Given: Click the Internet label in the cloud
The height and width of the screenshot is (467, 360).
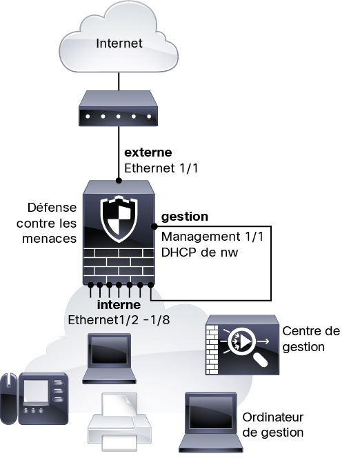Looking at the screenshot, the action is (x=119, y=43).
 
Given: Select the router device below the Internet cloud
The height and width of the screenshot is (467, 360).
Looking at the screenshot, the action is (x=118, y=108).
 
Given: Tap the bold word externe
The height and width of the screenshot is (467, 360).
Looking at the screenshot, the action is (x=148, y=152).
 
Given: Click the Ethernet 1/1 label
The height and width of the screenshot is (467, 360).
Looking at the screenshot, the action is (x=161, y=168).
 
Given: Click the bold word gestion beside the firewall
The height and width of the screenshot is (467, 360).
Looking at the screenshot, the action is (x=185, y=217).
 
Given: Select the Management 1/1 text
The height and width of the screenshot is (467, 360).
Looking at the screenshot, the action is (x=212, y=237).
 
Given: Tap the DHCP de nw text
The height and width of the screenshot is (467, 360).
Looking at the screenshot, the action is (x=199, y=252).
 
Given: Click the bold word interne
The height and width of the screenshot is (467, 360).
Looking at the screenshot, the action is (x=119, y=305).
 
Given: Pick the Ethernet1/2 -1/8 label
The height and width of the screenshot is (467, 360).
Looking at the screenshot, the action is (x=119, y=320).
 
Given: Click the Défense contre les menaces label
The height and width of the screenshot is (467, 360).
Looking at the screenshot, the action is (x=46, y=223).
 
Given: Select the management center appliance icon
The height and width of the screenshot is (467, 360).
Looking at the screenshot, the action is (x=242, y=345).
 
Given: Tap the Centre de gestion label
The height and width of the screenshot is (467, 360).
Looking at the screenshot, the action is (x=311, y=339).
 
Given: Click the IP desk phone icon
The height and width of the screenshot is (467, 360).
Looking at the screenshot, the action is (x=34, y=398).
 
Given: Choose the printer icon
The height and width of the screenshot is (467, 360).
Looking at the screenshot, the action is (x=119, y=421).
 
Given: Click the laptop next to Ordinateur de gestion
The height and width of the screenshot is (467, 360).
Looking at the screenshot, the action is (x=211, y=421).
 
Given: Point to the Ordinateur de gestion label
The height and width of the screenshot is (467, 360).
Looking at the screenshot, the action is (x=273, y=425).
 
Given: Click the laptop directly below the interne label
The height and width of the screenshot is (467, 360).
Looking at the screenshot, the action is (x=109, y=358).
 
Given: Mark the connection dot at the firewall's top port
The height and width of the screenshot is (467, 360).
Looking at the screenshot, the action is (x=119, y=181).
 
